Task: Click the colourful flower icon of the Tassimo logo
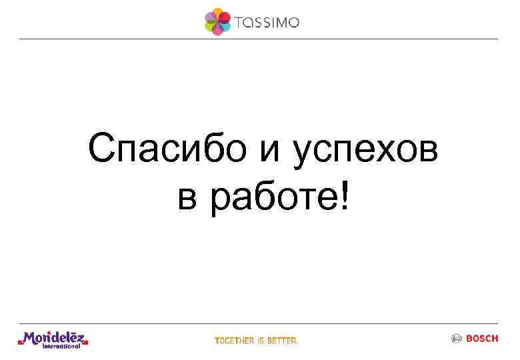[x=217, y=21]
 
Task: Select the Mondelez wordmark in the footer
[x=55, y=338]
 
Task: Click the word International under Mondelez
[x=61, y=346]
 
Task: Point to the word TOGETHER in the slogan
[x=235, y=341]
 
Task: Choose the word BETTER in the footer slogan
[x=283, y=341]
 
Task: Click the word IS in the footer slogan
[x=261, y=341]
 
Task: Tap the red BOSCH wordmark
[x=481, y=339]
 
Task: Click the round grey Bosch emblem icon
[x=457, y=339]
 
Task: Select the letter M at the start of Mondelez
[x=29, y=338]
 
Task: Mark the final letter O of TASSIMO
[x=293, y=23]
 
